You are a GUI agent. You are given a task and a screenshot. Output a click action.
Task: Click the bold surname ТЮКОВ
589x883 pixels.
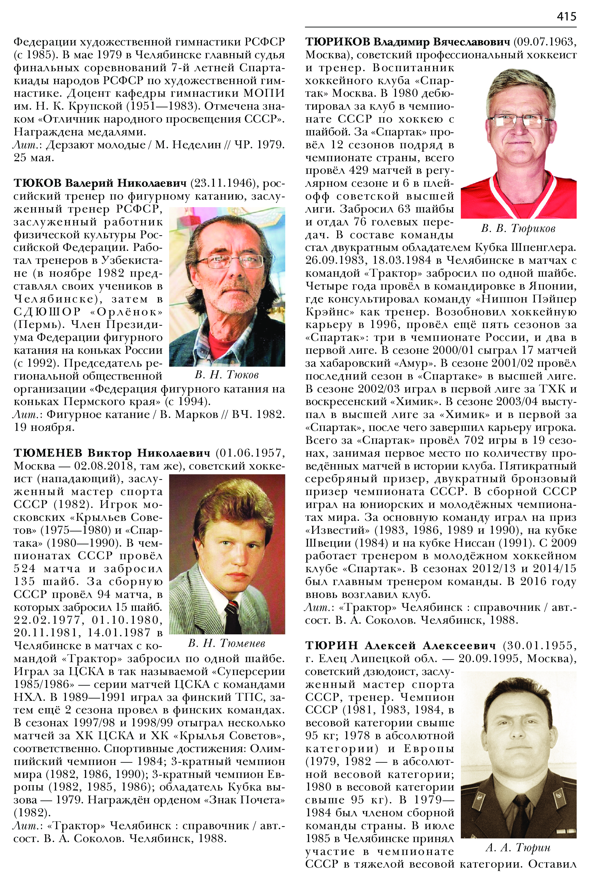(37, 183)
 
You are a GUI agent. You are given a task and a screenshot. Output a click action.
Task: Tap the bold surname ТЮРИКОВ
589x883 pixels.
(338, 42)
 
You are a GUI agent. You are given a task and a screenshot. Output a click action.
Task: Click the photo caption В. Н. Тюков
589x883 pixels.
(227, 375)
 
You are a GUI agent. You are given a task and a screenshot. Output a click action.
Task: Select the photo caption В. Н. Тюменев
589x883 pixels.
(227, 644)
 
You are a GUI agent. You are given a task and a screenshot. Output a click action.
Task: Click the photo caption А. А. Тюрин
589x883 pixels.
(518, 847)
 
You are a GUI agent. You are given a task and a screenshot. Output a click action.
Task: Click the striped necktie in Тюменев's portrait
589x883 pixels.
(232, 616)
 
